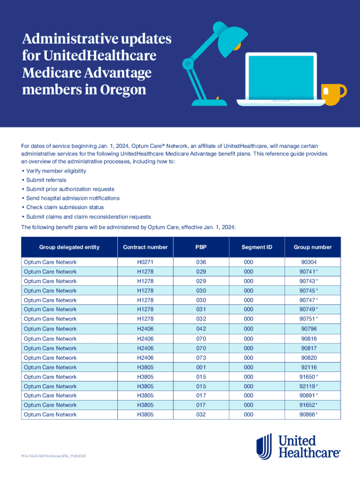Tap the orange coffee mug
pos(334,94)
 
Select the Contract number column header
pos(145,247)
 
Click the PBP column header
pos(201,247)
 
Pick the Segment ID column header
pos(257,247)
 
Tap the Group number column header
pos(312,247)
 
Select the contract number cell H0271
pos(145,262)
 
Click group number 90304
pos(309,262)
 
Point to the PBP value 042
pos(201,329)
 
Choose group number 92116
pos(309,367)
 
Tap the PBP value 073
pos(201,358)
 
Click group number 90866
pos(309,414)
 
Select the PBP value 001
pos(201,367)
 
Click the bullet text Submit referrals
pos(46,180)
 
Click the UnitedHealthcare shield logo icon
pos(264,446)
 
